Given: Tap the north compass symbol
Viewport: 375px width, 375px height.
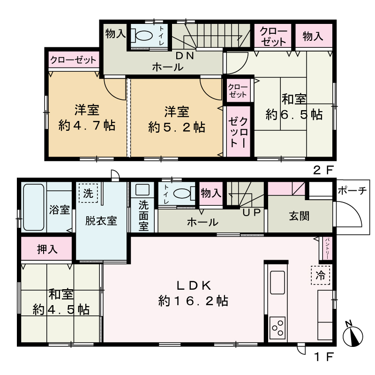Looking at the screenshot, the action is coord(352,334).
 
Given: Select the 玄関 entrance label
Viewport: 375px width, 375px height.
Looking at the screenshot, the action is coord(299,216).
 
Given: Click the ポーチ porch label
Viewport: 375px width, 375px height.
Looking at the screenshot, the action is coord(352,191).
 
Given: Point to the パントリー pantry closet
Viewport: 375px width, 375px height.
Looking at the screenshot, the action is coord(327,248).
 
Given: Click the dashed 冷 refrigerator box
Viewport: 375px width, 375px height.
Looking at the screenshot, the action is coord(321,275).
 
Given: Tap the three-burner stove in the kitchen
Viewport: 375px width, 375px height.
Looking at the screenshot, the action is coord(277,328).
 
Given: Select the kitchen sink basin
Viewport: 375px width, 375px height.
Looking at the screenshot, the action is coord(277,283).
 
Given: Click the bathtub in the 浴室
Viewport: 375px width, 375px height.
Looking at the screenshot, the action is coord(34,207).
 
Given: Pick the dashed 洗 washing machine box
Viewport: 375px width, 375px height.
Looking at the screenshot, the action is coord(88,193).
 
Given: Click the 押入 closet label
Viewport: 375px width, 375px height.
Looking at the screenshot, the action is coord(47,249).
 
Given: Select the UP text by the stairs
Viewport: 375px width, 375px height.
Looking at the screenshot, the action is coord(251,212).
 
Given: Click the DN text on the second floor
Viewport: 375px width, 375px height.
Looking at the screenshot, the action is coord(185,56).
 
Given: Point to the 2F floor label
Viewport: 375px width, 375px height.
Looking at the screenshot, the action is coord(323,170).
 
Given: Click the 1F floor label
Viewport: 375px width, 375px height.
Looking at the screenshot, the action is coord(323,357).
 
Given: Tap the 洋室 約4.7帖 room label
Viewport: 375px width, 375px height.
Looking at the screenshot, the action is coord(87,118).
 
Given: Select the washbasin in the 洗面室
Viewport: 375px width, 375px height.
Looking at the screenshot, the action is coord(142,190).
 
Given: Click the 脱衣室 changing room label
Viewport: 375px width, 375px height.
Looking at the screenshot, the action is coord(101,221).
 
